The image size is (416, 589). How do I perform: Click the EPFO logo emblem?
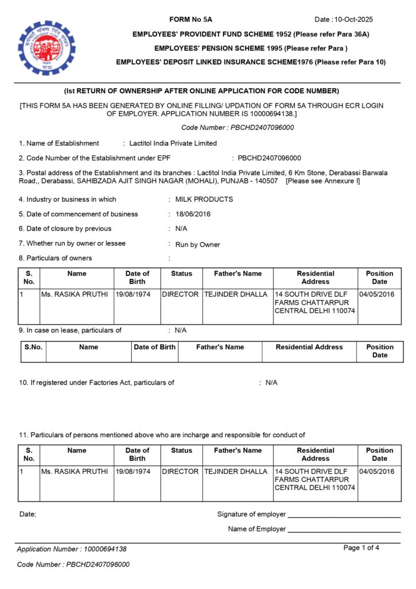(46, 48)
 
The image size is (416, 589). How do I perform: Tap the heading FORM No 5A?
(191, 20)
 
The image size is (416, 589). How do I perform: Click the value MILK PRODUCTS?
(204, 200)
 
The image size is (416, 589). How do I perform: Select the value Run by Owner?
(198, 244)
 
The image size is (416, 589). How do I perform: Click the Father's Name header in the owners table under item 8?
(237, 274)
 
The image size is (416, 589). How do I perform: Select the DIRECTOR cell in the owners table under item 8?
(180, 294)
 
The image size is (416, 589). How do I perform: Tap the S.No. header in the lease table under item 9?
(33, 347)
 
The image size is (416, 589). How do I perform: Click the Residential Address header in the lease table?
(309, 347)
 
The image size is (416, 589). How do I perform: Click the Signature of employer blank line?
(344, 515)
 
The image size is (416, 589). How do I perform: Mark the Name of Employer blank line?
(344, 530)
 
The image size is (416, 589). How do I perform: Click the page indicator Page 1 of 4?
(361, 548)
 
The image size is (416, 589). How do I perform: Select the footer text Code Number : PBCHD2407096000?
(73, 564)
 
